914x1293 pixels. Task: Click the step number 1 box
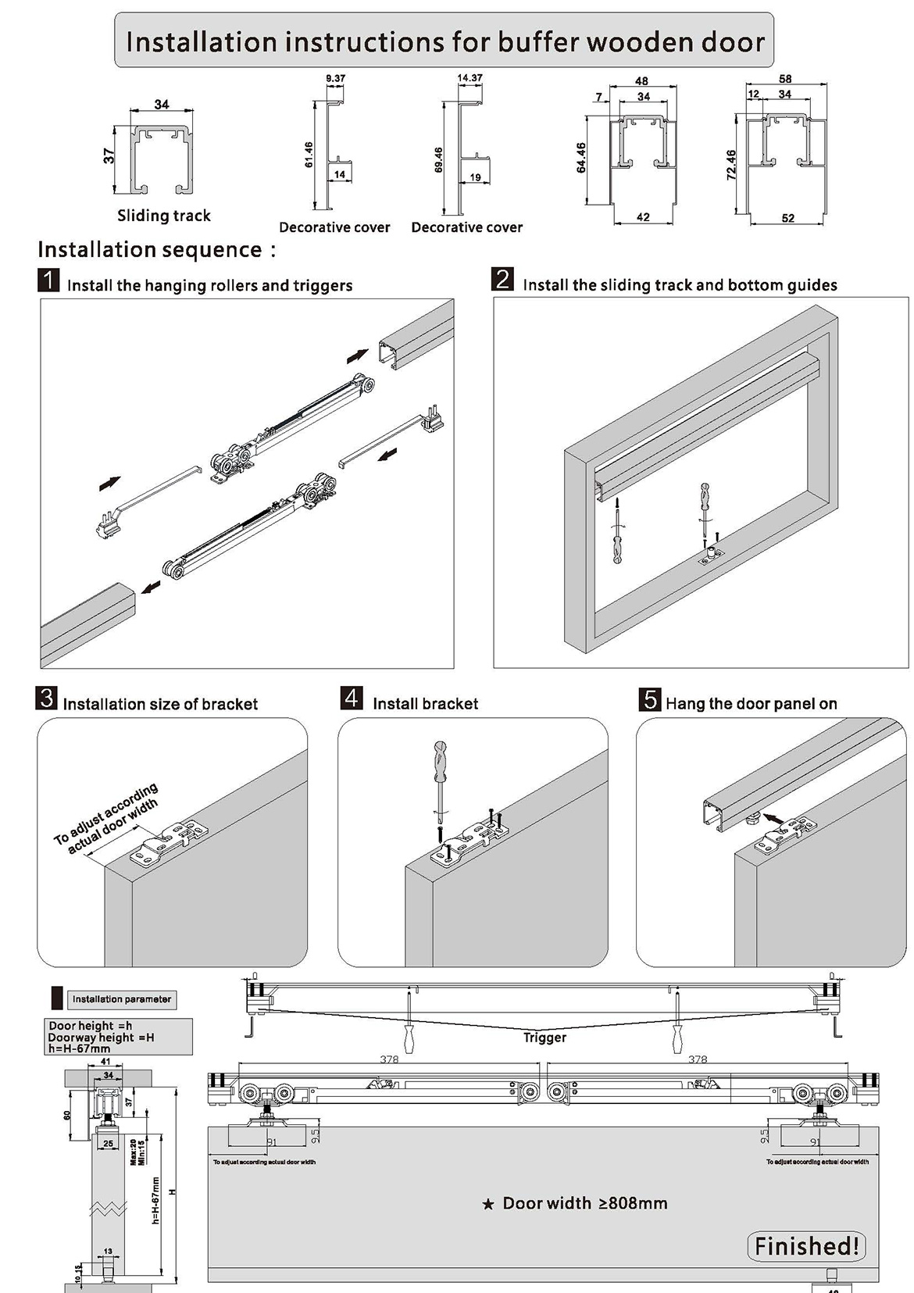coord(48,280)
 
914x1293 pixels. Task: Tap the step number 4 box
coord(352,698)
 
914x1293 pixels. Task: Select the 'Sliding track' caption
coord(164,216)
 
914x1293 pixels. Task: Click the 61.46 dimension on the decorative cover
coord(309,155)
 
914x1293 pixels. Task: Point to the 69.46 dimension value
coord(439,160)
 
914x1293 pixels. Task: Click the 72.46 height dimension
coord(731,165)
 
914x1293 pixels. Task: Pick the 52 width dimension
coord(788,218)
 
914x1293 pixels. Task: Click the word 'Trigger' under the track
coord(544,1038)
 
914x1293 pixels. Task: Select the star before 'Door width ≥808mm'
coord(488,1205)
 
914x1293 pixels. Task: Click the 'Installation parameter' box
coord(121,999)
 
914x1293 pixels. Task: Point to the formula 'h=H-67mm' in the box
coord(79,1049)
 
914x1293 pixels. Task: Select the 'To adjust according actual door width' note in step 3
coord(107,819)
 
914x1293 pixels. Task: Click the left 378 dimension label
coord(389,1059)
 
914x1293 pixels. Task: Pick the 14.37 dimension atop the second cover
coord(469,78)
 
